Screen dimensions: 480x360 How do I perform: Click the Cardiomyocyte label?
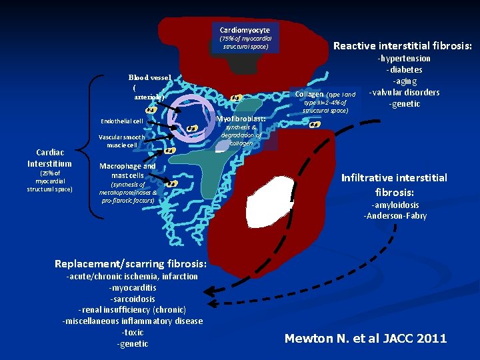[x=245, y=30]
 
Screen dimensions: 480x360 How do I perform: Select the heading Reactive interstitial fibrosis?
[x=403, y=46]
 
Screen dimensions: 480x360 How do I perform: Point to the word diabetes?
[x=404, y=70]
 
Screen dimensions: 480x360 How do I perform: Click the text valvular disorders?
[x=404, y=92]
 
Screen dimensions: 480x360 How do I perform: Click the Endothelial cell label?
[x=121, y=121]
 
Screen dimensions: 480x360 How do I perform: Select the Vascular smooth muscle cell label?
[x=121, y=141]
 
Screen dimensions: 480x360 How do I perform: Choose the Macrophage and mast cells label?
[x=127, y=171]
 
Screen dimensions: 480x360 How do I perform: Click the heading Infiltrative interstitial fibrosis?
[x=393, y=183]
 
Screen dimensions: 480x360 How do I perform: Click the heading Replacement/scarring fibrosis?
[x=131, y=263]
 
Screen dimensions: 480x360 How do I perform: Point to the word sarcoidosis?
[x=133, y=299]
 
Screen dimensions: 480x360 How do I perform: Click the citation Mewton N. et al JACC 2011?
[x=365, y=339]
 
